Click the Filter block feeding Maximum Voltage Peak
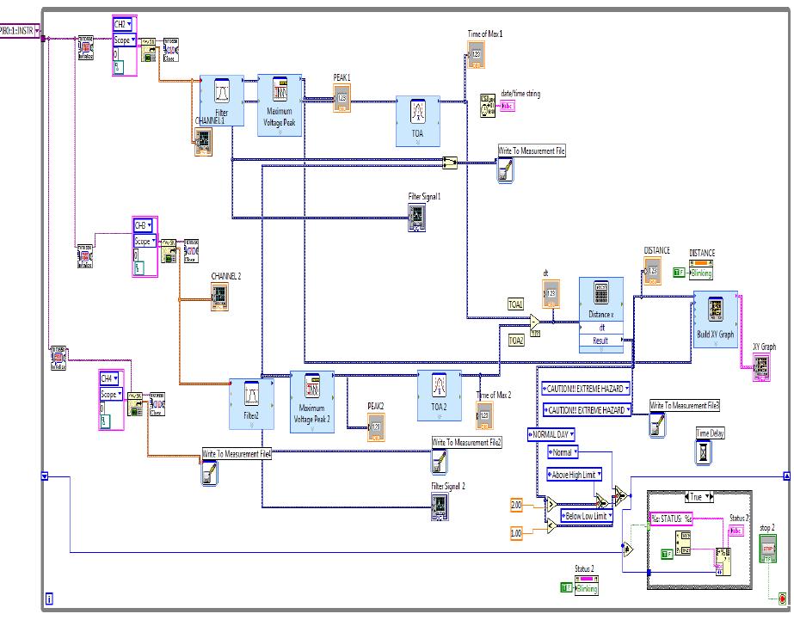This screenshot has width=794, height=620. [x=223, y=101]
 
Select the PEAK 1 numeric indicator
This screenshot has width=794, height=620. [x=342, y=98]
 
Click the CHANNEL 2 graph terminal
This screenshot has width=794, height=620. [x=223, y=298]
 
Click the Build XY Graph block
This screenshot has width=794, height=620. [x=716, y=319]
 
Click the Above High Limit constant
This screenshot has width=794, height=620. [x=575, y=474]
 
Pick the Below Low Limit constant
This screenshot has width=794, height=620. [x=586, y=516]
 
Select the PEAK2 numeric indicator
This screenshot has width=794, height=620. [x=375, y=425]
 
